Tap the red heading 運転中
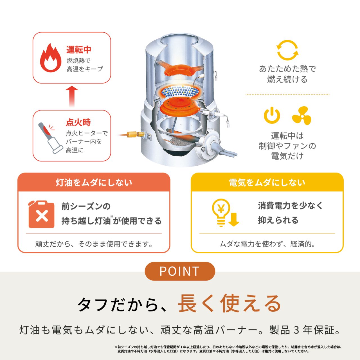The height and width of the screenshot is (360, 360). [x=79, y=50]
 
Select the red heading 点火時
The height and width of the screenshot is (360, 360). [x=78, y=122]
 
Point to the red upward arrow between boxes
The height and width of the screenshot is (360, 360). [x=72, y=96]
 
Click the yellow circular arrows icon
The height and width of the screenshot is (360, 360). [x=287, y=50]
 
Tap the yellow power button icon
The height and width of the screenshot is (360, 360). [x=272, y=115]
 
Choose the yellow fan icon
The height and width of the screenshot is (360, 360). [x=301, y=116]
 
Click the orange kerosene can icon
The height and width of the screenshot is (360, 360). [x=41, y=214]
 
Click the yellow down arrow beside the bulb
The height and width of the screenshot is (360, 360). [x=234, y=219]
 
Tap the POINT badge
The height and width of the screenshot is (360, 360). [x=180, y=271]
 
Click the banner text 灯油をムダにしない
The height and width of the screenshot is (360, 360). [x=94, y=183]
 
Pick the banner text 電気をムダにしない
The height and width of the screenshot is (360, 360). [x=267, y=183]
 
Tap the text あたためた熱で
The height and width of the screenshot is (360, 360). [x=287, y=69]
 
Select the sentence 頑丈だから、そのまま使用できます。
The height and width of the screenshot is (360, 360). [x=94, y=244]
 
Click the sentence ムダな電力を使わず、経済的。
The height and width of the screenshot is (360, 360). [x=267, y=244]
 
